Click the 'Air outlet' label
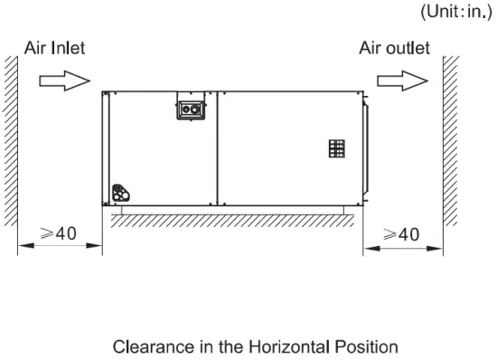point(394,48)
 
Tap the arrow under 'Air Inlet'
point(64,81)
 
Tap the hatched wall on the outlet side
point(450,145)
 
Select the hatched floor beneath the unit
point(226,219)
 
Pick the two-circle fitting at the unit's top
point(191,107)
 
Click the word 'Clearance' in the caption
point(151,346)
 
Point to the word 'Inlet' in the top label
point(66,48)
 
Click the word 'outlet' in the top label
point(407,48)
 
